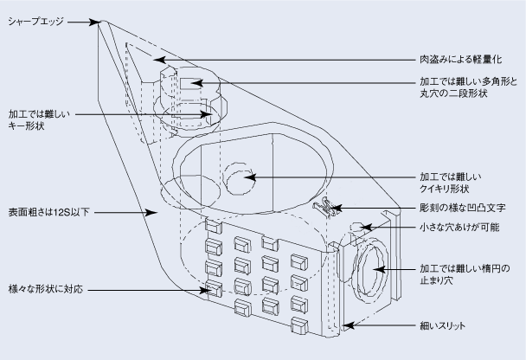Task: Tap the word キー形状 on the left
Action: pos(26,126)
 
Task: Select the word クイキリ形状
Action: pos(445,189)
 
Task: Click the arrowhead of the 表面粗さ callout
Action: pos(153,210)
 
